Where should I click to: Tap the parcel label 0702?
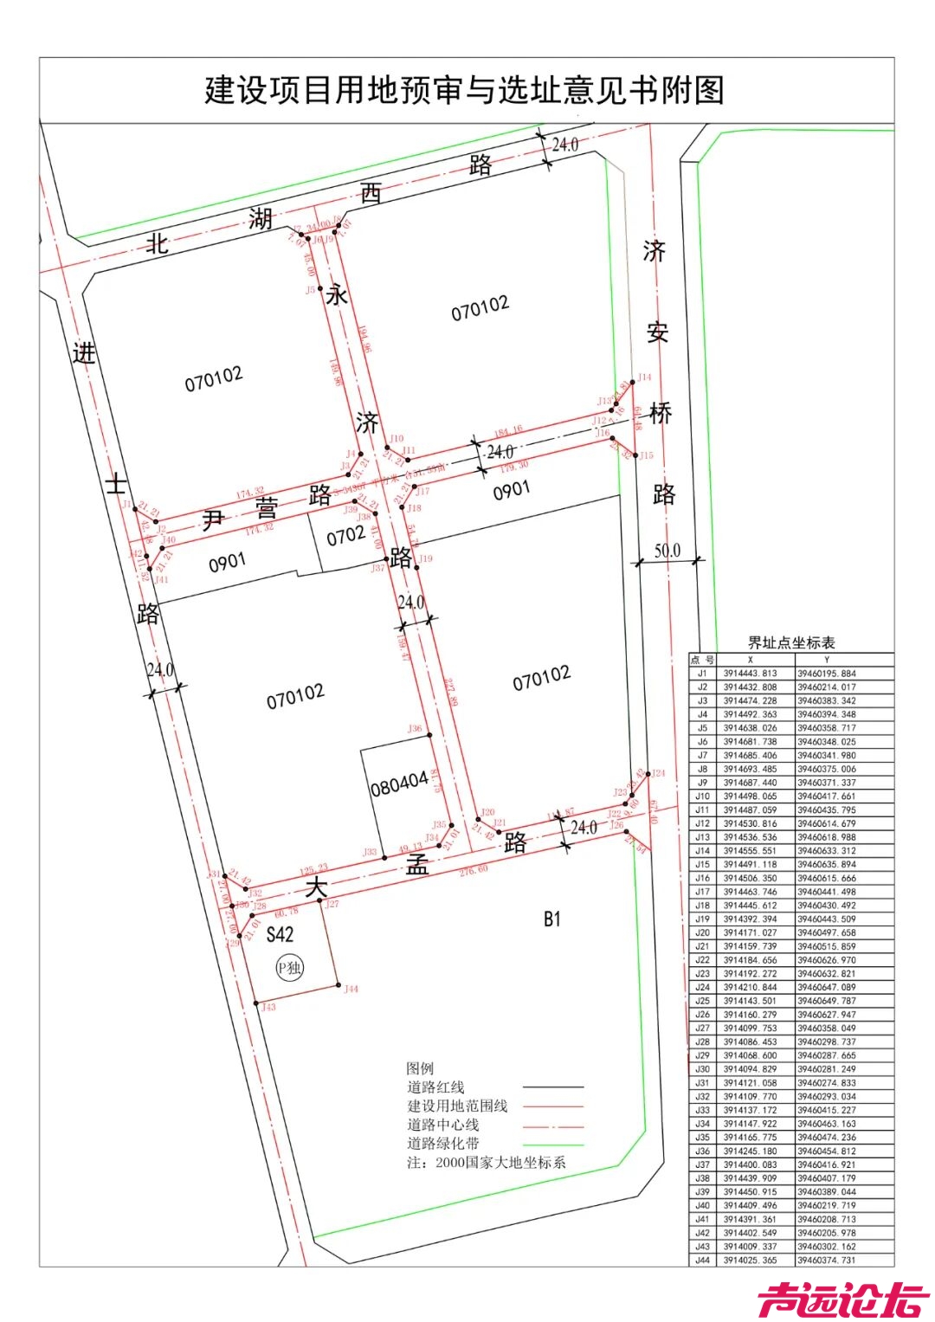345,537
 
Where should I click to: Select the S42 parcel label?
280,934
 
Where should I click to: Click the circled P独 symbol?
290,968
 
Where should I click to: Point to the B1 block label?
552,919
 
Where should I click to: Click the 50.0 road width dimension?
667,551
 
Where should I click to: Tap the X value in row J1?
751,674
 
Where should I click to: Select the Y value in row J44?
826,1261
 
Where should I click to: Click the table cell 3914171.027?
751,933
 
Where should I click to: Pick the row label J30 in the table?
702,1069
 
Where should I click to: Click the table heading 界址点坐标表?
791,643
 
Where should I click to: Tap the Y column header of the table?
826,660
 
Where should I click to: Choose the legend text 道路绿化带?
443,1144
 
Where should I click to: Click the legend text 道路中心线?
443,1125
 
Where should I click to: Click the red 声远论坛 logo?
843,1299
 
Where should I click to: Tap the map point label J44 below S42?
351,989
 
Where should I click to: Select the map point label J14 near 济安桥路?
644,377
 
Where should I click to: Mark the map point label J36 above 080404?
415,729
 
